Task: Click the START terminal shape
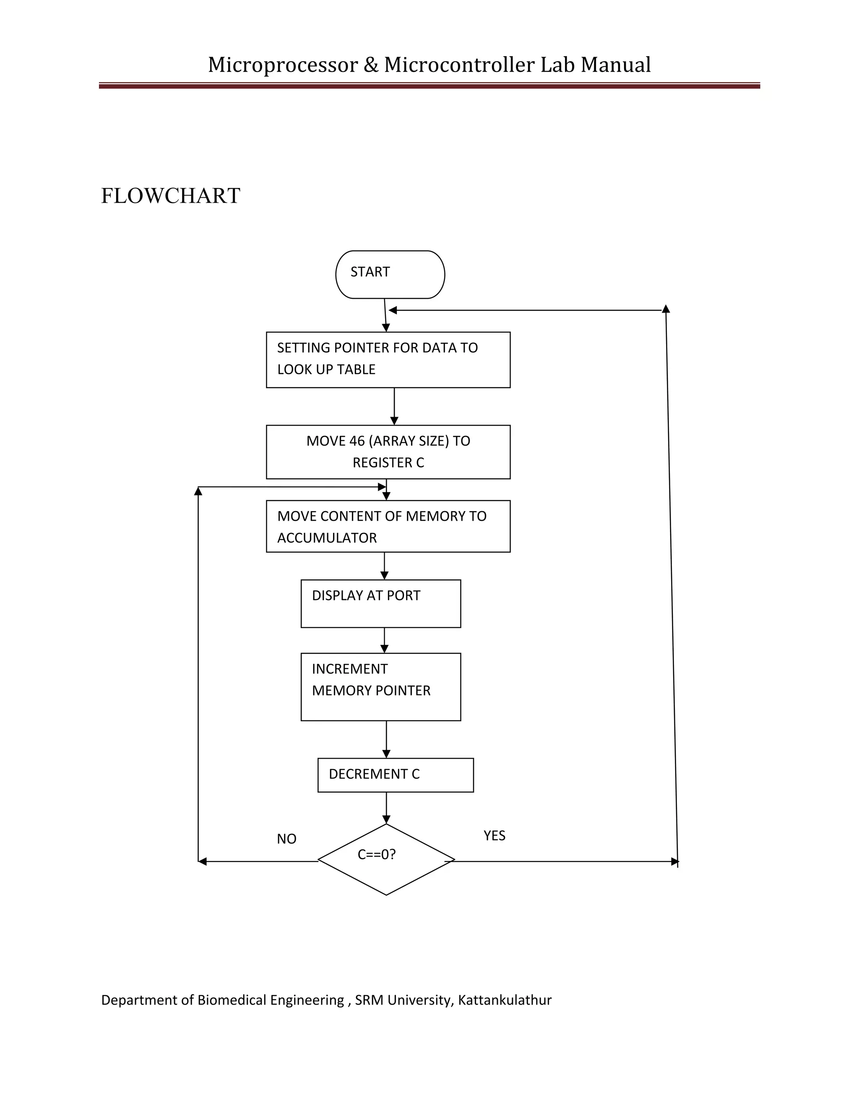(390, 274)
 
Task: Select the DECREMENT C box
(396, 775)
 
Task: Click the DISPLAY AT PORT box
(381, 603)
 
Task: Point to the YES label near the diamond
(494, 835)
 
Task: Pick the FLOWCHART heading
(170, 196)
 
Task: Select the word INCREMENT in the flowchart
(350, 669)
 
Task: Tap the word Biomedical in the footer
(232, 1000)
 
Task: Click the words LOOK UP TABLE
(326, 370)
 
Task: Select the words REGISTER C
(388, 463)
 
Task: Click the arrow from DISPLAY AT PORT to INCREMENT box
(384, 640)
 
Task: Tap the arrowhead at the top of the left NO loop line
(198, 491)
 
